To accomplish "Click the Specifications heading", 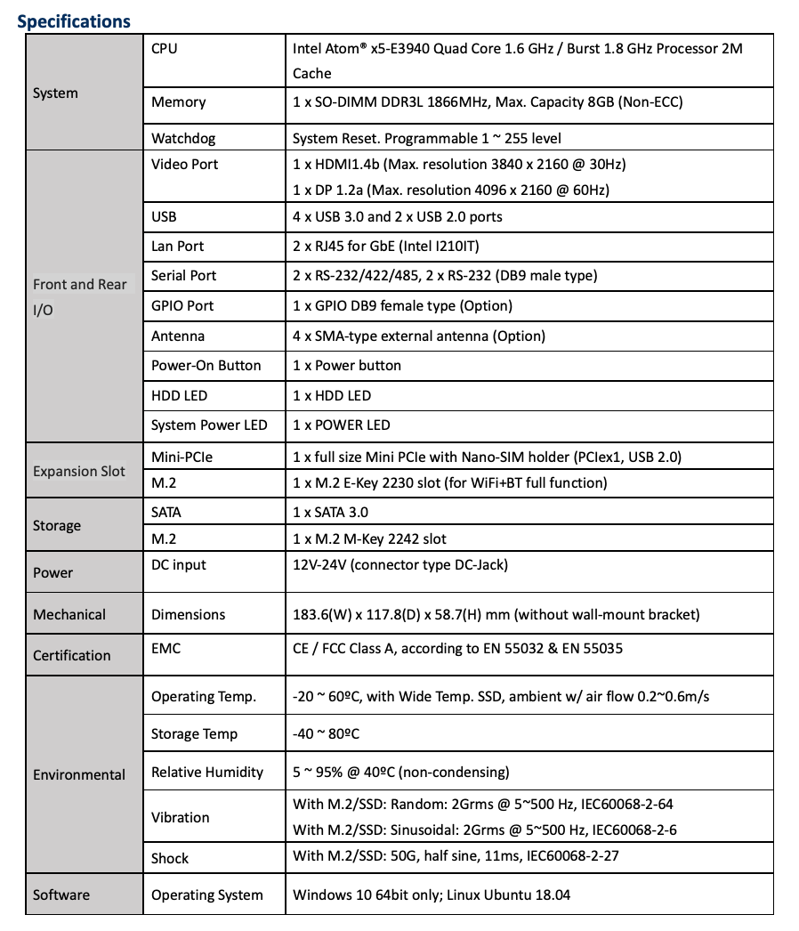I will (x=74, y=20).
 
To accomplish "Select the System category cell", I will (x=55, y=93).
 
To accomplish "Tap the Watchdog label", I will (x=183, y=138).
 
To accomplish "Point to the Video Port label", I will (x=184, y=164).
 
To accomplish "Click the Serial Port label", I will (x=183, y=276).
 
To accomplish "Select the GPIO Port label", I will (x=182, y=305).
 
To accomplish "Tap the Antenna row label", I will (x=178, y=336).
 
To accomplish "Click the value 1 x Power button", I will (x=347, y=366).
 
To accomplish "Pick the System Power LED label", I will (x=209, y=425).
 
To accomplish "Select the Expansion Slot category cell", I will (x=79, y=471).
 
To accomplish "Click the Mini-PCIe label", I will (x=182, y=457).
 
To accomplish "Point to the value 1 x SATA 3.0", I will (x=330, y=512).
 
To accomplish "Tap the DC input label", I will (x=178, y=565).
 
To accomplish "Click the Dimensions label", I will (x=188, y=614).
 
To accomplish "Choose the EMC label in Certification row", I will (x=165, y=649).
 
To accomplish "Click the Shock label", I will (x=170, y=858).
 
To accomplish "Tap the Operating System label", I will (x=207, y=895).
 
